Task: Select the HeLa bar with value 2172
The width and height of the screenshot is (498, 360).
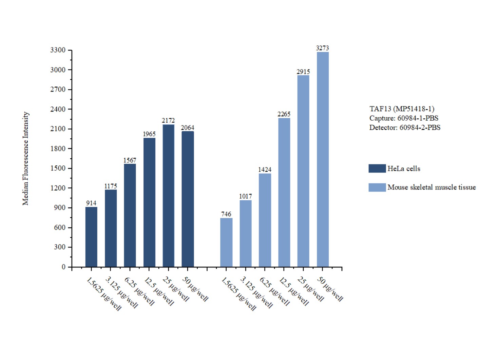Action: [168, 196]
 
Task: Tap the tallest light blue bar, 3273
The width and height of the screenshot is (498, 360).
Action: [323, 159]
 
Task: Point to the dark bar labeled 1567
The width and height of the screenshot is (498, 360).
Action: [130, 215]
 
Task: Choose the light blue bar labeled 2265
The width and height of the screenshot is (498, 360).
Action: [284, 192]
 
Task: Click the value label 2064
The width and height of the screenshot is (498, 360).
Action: [188, 128]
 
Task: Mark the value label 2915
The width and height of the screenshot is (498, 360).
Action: [303, 72]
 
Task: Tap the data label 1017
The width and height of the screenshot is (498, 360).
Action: [246, 196]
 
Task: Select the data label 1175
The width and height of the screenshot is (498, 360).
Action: [111, 186]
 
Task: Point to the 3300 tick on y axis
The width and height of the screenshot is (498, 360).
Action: [58, 50]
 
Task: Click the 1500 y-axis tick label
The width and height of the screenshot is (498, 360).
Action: [58, 168]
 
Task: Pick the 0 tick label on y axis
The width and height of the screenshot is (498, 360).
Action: [63, 267]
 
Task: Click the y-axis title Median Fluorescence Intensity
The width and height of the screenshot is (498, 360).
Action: [26, 159]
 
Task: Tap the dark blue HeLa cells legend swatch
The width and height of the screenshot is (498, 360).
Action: [377, 168]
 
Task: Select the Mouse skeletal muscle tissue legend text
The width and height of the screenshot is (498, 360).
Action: [432, 187]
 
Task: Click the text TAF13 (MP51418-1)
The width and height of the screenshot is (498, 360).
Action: [402, 109]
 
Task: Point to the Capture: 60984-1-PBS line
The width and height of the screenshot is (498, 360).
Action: [404, 118]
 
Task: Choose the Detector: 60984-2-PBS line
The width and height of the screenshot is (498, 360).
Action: [405, 127]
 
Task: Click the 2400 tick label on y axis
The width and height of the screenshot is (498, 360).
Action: [58, 109]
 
